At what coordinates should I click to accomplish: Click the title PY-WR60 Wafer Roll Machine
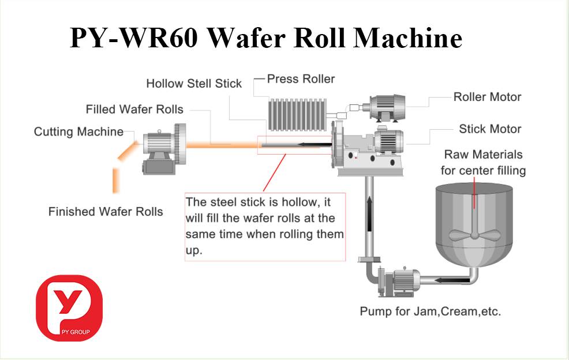click(266, 39)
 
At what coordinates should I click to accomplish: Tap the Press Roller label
click(301, 79)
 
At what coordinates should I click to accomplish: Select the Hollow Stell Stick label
click(194, 84)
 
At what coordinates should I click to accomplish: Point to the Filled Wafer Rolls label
click(134, 109)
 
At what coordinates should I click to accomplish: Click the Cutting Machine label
click(78, 132)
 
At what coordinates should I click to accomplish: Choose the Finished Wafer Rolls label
click(106, 212)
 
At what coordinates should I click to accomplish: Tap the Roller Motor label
click(487, 97)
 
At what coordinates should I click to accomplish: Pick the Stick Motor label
click(490, 129)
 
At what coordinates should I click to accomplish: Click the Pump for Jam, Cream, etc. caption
click(431, 312)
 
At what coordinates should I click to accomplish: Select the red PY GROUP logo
click(69, 307)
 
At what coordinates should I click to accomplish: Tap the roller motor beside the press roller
click(386, 107)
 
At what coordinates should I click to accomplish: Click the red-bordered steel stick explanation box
click(265, 227)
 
